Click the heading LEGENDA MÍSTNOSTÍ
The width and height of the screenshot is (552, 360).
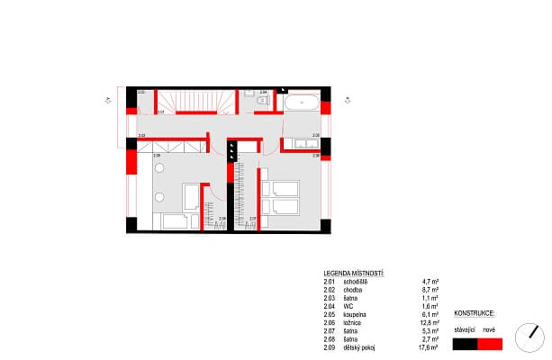coord(354,272)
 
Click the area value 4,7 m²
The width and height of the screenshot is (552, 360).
coord(430,282)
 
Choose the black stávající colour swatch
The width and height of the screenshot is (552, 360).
coord(466,343)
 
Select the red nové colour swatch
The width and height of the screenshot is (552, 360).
coord(489,343)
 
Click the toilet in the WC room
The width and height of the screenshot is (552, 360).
coord(261,102)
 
